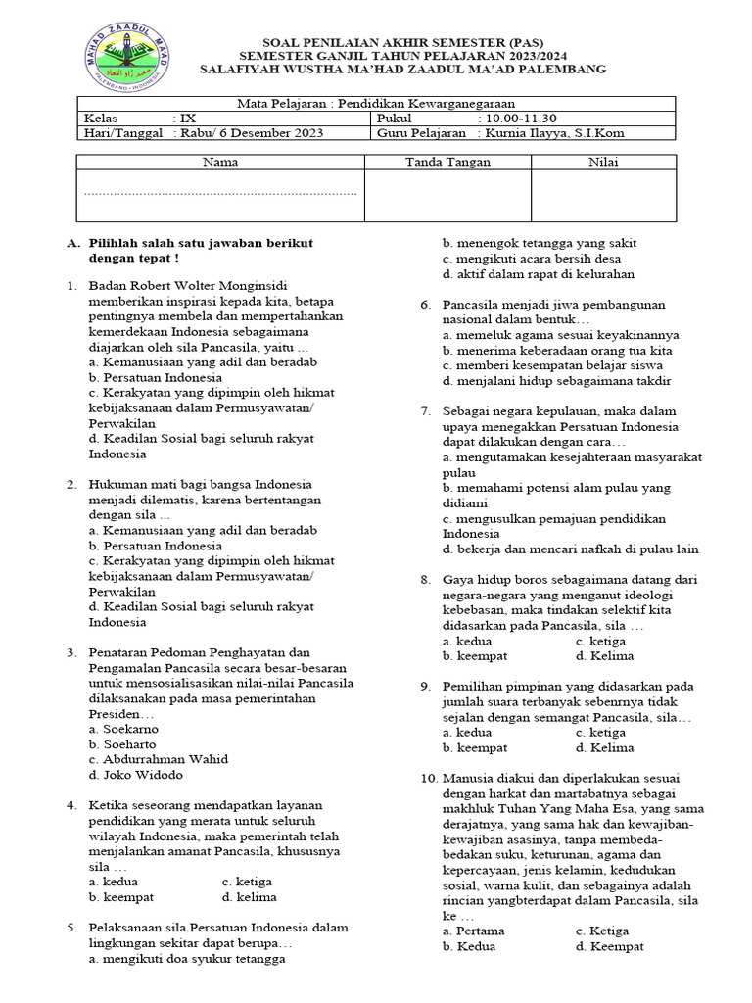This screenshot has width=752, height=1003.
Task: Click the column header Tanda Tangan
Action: (447, 162)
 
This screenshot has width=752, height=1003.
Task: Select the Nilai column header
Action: (602, 162)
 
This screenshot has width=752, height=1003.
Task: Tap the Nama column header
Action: (220, 162)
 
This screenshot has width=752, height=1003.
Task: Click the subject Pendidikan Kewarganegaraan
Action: (376, 104)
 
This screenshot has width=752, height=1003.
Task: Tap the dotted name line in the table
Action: (220, 194)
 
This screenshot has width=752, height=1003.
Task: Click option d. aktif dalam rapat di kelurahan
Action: (538, 274)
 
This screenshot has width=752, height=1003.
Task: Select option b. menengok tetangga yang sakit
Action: (540, 243)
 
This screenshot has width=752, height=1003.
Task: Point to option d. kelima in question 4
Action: (249, 896)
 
